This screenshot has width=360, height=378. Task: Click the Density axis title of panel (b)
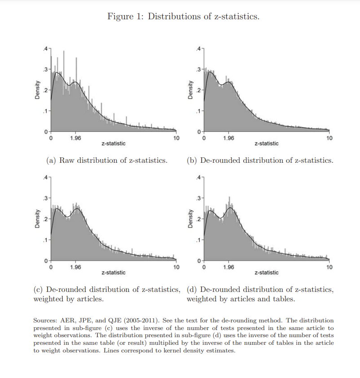pos(190,90)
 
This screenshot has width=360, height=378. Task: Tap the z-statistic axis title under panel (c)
pos(114,273)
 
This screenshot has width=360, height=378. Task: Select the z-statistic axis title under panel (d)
pos(266,273)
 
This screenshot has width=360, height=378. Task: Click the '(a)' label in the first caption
pos(52,161)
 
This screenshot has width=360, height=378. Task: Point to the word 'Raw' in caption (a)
pos(67,161)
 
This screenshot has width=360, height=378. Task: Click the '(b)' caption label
pos(192,161)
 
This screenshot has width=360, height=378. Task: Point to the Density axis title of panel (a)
pos(38,90)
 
